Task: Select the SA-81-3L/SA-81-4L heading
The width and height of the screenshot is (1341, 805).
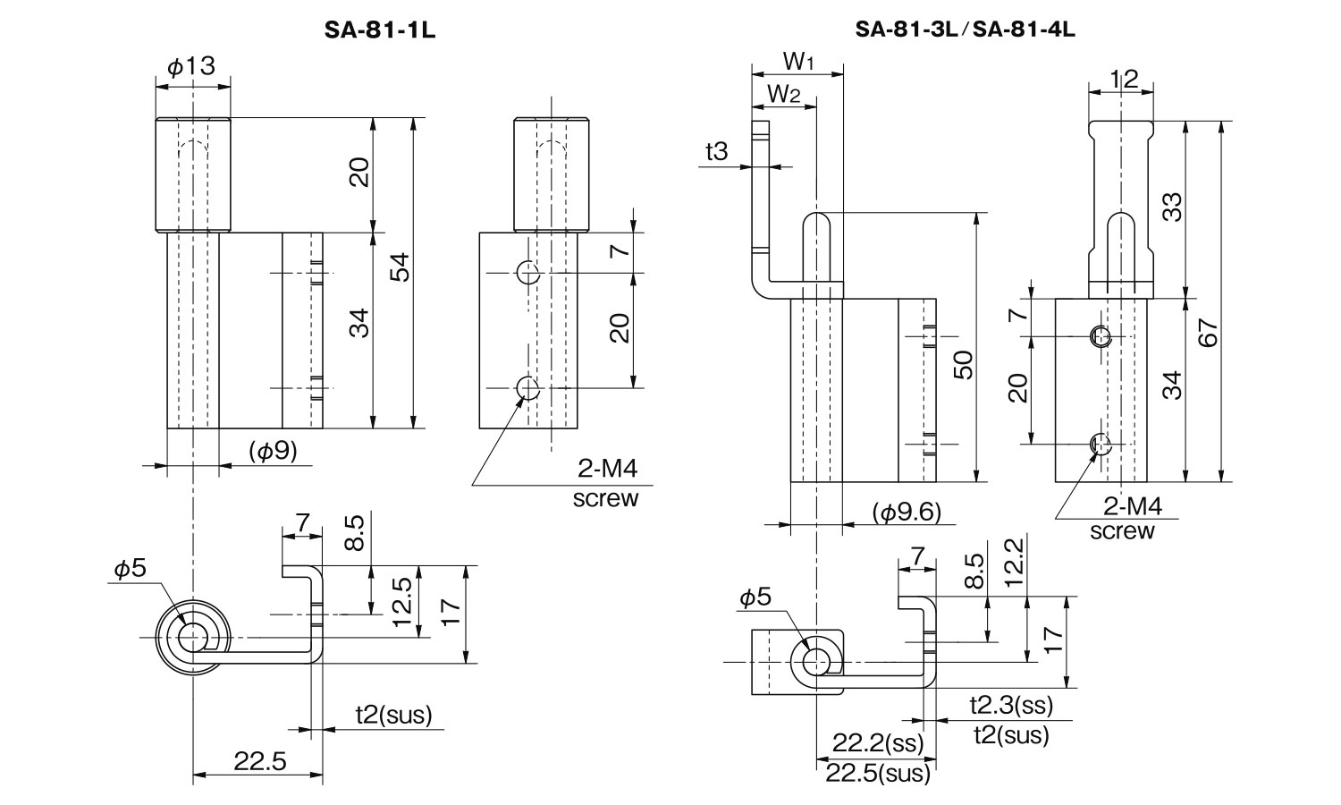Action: (x=965, y=30)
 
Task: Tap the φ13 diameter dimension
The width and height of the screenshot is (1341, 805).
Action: (x=191, y=66)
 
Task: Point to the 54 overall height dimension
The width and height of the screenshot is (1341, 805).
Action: (x=401, y=267)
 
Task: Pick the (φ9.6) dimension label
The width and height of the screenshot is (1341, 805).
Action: (x=906, y=513)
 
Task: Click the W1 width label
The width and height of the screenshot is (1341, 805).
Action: (x=797, y=61)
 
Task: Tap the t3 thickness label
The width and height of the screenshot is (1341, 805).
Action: (x=716, y=152)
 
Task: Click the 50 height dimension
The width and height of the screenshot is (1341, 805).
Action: (x=963, y=365)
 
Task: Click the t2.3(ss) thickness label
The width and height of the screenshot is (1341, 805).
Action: (x=1011, y=706)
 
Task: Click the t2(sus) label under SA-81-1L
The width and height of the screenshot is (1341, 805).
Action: (x=393, y=715)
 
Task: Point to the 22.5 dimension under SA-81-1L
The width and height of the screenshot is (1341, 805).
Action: (x=259, y=762)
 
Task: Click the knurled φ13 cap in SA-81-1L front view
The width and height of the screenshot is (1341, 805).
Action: (x=192, y=175)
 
